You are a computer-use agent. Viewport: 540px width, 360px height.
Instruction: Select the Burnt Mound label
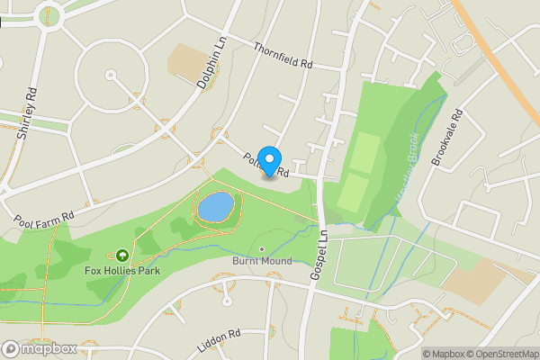[x=262, y=262]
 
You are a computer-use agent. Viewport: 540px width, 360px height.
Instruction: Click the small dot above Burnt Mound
[x=262, y=249]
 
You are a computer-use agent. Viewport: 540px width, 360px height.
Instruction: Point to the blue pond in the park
[x=215, y=206]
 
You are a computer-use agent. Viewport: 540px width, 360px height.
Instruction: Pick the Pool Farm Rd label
[x=43, y=214]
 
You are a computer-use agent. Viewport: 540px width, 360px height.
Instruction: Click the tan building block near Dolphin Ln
[x=187, y=60]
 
